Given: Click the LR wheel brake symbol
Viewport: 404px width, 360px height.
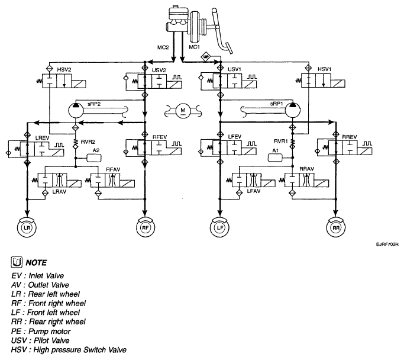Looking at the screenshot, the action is (27, 227).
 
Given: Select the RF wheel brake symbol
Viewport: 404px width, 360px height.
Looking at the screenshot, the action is (146, 227).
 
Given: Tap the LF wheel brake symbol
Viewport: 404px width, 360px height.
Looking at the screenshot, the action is (219, 227).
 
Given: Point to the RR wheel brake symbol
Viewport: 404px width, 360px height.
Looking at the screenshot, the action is (336, 227).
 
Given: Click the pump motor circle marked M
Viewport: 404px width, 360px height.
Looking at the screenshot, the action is (183, 111).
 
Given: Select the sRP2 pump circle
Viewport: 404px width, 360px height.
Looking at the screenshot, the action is (76, 110).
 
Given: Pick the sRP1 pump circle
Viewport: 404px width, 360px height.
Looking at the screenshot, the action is (292, 110).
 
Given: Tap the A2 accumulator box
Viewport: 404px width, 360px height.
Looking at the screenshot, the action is (94, 158).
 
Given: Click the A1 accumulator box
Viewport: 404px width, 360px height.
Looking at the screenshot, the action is (275, 157).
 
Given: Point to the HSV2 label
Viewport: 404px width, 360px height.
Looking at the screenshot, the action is (64, 69).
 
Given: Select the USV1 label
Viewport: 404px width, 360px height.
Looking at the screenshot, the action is (234, 69).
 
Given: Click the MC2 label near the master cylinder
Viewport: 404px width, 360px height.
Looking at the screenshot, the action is (163, 47).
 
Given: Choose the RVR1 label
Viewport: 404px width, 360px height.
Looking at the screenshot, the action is (280, 141).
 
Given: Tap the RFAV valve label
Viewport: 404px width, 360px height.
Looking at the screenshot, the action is (113, 169).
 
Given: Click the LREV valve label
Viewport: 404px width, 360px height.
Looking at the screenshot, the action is (42, 138).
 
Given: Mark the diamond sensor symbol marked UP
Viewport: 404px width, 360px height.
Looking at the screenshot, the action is (206, 56).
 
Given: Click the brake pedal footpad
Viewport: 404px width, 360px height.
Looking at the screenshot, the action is (228, 48).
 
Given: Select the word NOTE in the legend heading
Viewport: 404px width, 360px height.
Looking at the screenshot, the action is (36, 262).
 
